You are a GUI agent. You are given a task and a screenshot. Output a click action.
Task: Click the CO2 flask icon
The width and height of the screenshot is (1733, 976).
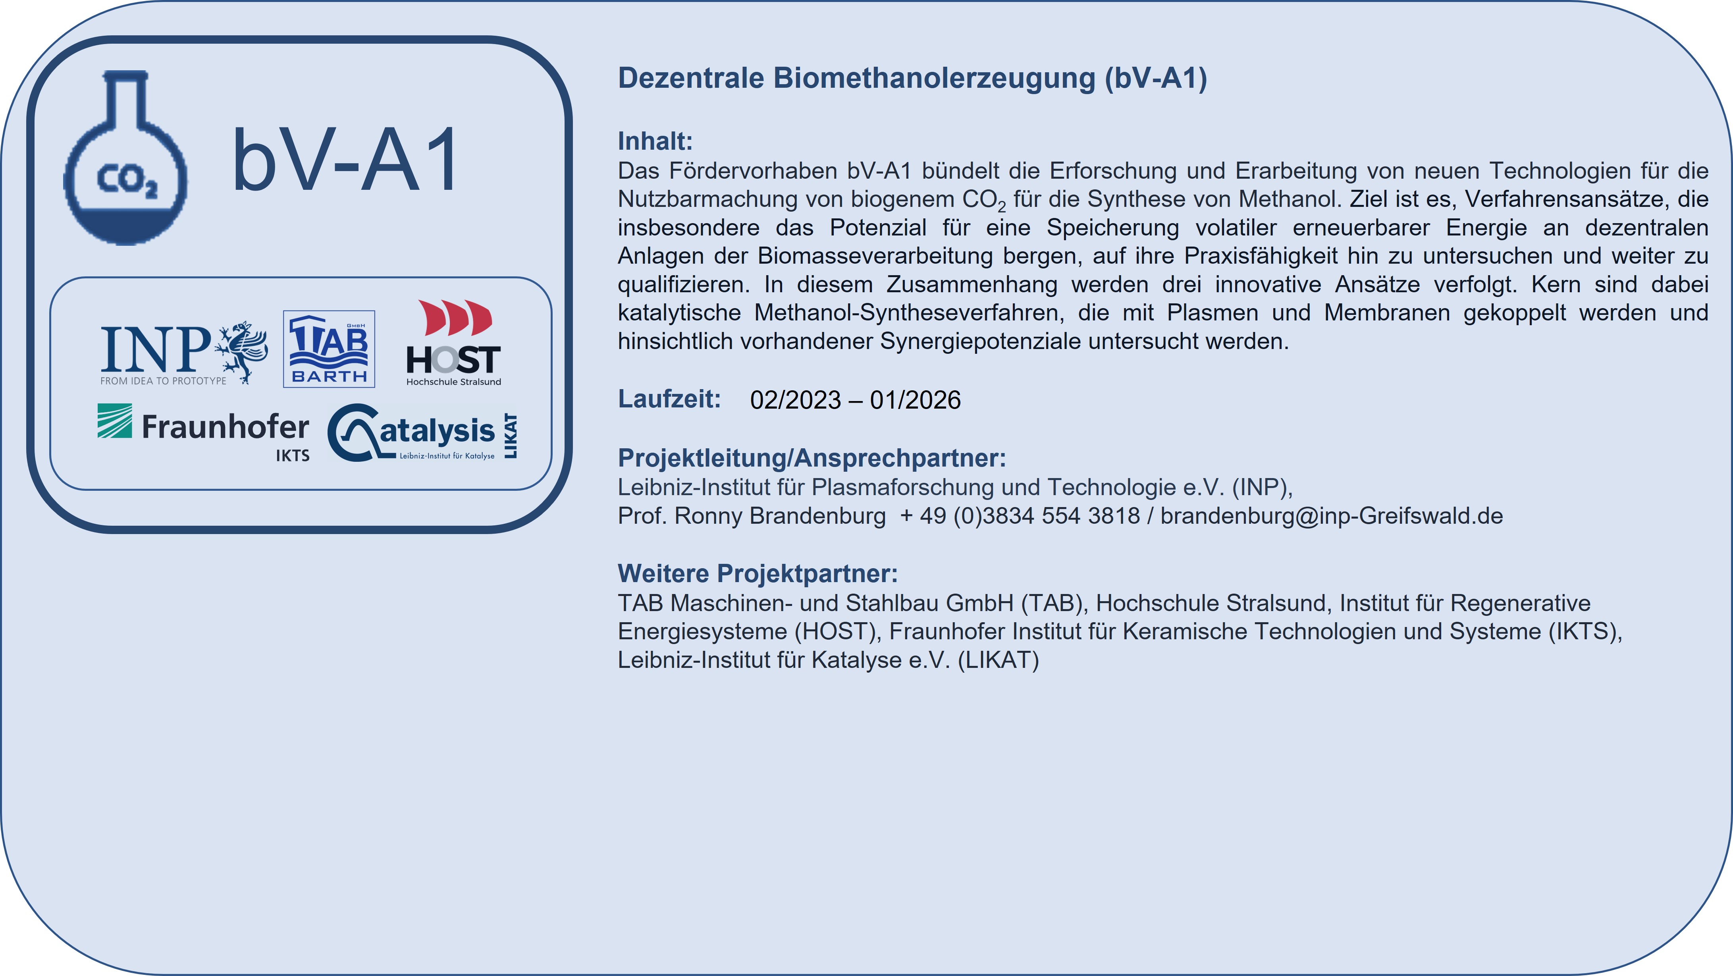pyautogui.click(x=125, y=158)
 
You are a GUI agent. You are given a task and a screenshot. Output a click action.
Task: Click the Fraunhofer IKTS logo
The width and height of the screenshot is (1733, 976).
pyautogui.click(x=203, y=432)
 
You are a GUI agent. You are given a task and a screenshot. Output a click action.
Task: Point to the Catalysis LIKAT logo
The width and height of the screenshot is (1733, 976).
pyautogui.click(x=422, y=432)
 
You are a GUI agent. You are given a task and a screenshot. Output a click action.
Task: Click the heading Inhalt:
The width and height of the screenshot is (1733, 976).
pyautogui.click(x=655, y=141)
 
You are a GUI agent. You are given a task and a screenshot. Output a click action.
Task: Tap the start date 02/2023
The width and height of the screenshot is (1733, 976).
pyautogui.click(x=795, y=400)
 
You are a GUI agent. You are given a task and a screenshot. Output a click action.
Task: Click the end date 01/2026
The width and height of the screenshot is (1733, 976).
pyautogui.click(x=916, y=400)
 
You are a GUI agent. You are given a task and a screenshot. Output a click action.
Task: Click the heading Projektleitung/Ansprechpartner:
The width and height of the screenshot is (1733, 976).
pyautogui.click(x=812, y=458)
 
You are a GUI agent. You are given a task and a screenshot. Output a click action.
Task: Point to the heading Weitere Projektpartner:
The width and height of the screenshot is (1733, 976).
pyautogui.click(x=758, y=574)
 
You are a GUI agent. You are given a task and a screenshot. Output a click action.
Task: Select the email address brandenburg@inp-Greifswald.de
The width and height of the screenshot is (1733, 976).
pyautogui.click(x=1331, y=516)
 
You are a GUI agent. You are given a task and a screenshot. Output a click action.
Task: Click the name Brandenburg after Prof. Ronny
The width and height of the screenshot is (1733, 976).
pyautogui.click(x=817, y=516)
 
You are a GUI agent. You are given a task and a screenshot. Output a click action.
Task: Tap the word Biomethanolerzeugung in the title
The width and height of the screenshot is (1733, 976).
pyautogui.click(x=935, y=78)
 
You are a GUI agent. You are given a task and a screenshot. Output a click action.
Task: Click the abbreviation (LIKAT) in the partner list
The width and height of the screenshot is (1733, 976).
pyautogui.click(x=999, y=660)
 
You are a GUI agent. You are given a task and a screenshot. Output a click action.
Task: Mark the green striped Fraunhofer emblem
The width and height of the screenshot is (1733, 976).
pyautogui.click(x=114, y=421)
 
